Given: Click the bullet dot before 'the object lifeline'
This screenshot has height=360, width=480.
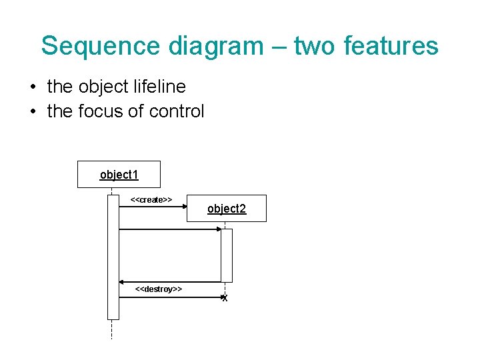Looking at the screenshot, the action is coord(32,87).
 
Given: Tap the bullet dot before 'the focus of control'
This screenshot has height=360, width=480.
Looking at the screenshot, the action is coord(32,112).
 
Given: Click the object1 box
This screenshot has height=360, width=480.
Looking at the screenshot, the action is coord(119,175).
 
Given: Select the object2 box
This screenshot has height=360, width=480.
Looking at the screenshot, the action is coord(227,209).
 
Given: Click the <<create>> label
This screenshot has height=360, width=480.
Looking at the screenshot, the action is coord(151,199).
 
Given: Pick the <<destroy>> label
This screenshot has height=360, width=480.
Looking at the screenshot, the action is coord(159,289).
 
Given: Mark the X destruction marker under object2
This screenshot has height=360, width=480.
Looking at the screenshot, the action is coord(225,299).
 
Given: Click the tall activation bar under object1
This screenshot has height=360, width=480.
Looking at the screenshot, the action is coord(113,257).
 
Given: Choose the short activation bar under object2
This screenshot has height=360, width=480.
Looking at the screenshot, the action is coord(227,255).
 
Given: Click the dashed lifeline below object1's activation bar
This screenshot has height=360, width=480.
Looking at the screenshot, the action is coord(112,329).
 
